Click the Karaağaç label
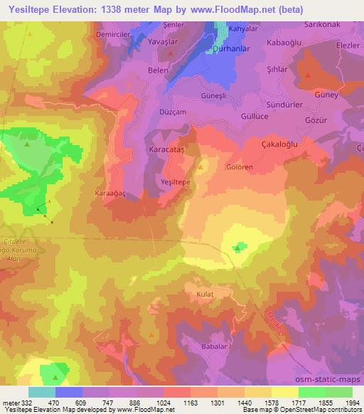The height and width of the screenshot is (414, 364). (110, 193)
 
